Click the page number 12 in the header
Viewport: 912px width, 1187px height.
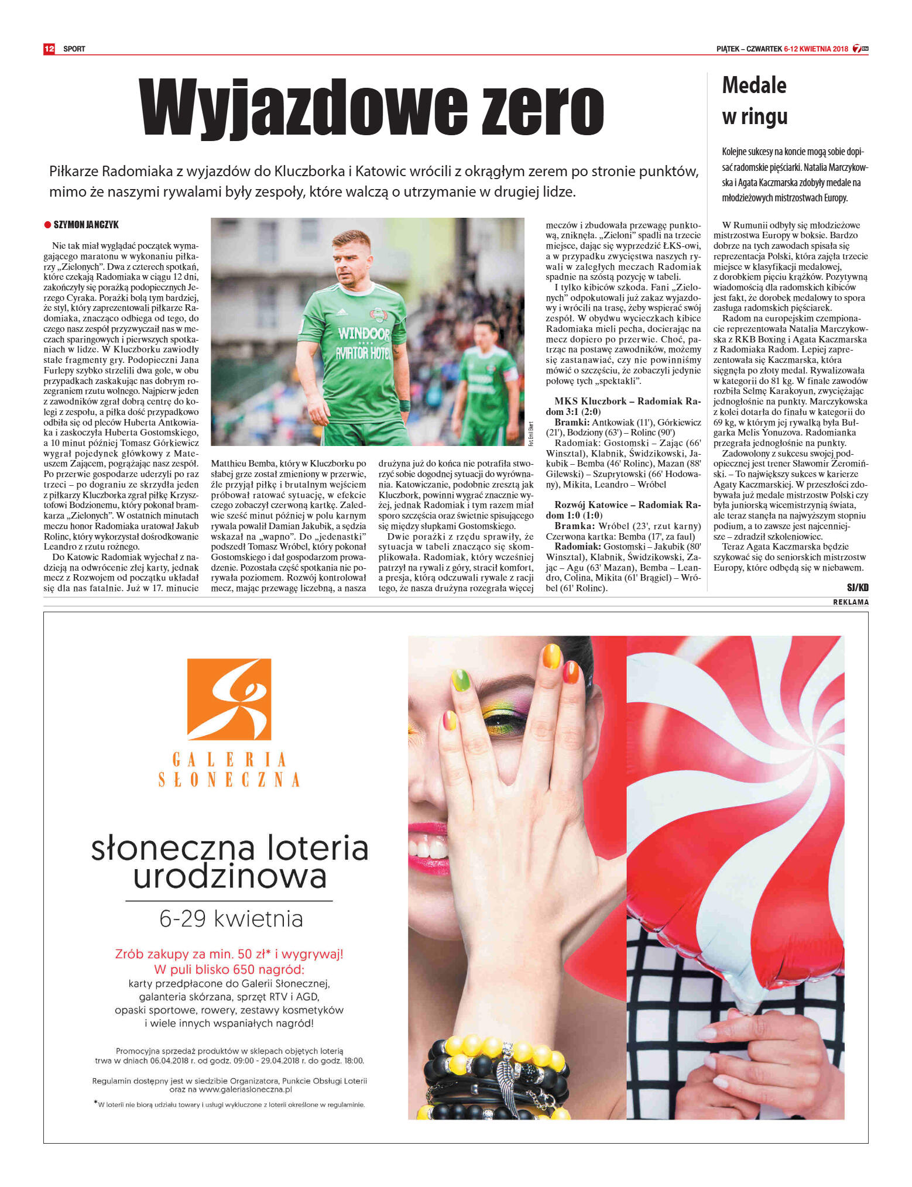pyautogui.click(x=49, y=49)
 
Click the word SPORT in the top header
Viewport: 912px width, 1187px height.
pyautogui.click(x=74, y=49)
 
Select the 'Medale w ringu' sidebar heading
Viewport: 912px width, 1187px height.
pyautogui.click(x=755, y=101)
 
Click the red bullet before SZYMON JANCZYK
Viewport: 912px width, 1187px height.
pyautogui.click(x=48, y=225)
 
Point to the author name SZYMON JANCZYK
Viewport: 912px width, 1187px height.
pyautogui.click(x=86, y=225)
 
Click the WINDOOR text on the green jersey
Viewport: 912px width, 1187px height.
pyautogui.click(x=364, y=334)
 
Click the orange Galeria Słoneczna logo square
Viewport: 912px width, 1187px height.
pyautogui.click(x=229, y=699)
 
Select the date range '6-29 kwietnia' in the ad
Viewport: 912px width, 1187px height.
pyautogui.click(x=231, y=918)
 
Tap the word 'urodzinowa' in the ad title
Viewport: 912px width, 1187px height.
pyautogui.click(x=229, y=876)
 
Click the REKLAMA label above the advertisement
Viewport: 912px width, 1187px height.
pyautogui.click(x=851, y=602)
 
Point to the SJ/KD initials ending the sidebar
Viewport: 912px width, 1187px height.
pyautogui.click(x=858, y=587)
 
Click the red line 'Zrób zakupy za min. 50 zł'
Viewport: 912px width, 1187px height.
pyautogui.click(x=229, y=954)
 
